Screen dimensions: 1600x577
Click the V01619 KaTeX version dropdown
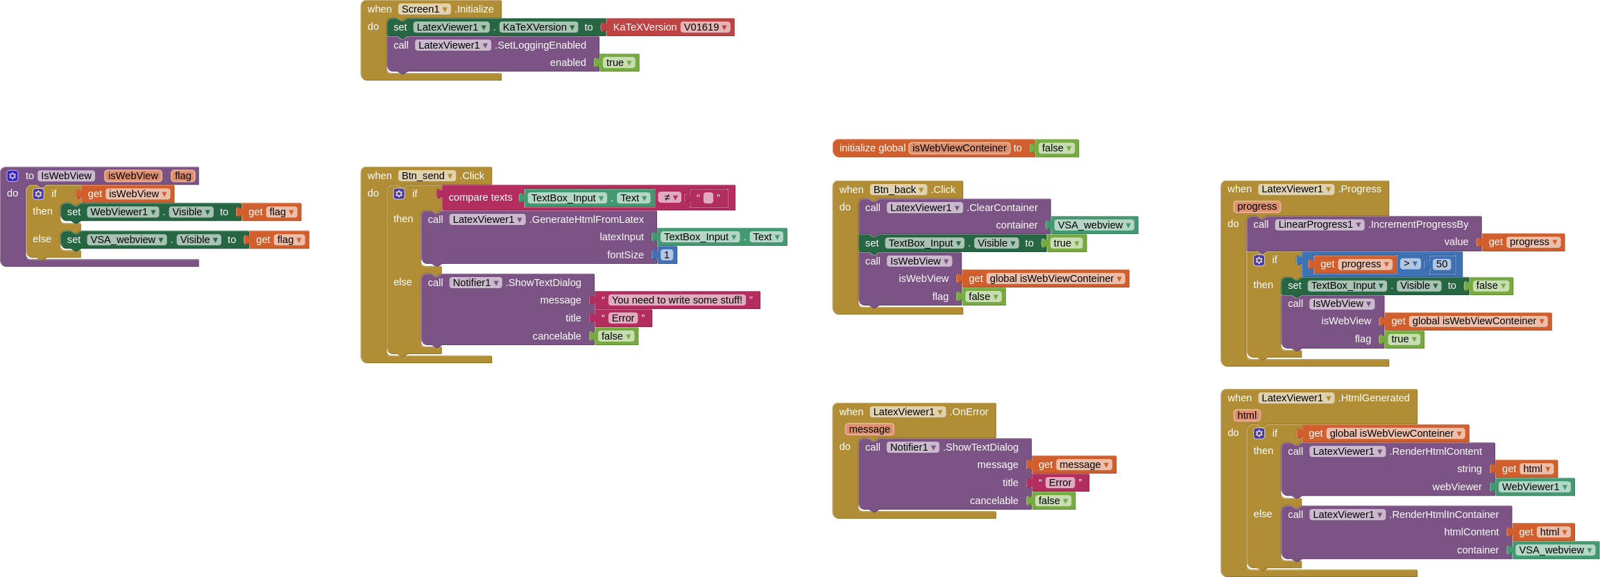(x=705, y=27)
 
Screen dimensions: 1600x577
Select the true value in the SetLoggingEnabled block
(x=619, y=62)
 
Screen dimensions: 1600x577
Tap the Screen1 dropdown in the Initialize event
(x=425, y=9)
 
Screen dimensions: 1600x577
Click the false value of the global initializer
(x=1057, y=148)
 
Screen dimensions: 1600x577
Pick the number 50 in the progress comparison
(x=1442, y=264)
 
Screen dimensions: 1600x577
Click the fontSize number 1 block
(x=667, y=255)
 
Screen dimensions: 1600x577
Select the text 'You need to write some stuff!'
(x=676, y=300)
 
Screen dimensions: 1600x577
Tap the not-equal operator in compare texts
(x=670, y=198)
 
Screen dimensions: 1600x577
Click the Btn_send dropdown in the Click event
(x=427, y=176)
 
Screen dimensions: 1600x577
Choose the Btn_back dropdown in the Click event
(x=899, y=190)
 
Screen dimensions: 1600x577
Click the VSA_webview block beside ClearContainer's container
(x=1094, y=225)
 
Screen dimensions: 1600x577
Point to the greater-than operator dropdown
(x=1411, y=264)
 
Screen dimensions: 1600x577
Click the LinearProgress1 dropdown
(x=1320, y=224)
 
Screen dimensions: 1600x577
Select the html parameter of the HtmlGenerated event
(x=1247, y=415)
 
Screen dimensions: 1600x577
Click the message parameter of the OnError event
(x=869, y=429)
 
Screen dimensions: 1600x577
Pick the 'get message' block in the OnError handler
(x=1073, y=465)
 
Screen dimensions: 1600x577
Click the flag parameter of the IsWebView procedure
(x=183, y=176)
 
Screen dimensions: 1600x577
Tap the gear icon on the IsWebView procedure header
(x=12, y=176)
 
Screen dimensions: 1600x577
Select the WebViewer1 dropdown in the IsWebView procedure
(x=123, y=212)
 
